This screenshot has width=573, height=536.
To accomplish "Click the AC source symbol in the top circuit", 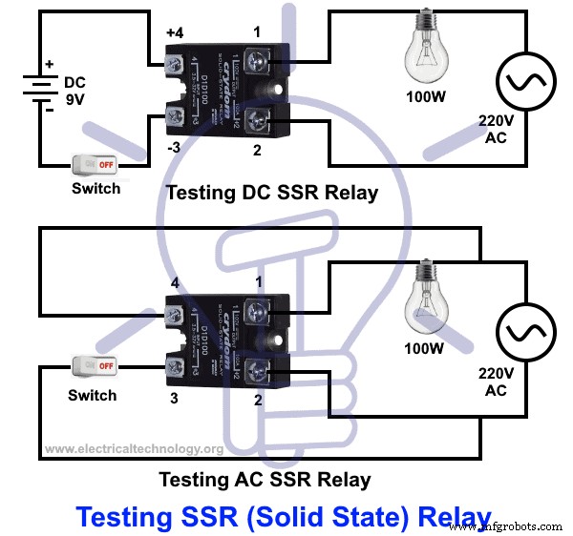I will pos(521,85).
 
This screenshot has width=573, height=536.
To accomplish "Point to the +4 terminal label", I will pos(175,35).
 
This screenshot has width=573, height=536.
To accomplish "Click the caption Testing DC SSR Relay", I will pos(271,192).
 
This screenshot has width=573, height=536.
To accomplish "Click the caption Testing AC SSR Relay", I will pos(265,479).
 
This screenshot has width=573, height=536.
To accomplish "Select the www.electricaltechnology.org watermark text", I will pos(134,448).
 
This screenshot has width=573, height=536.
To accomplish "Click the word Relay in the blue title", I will pos(448,516).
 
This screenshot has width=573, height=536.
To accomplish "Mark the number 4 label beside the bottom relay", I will pos(175,282).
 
